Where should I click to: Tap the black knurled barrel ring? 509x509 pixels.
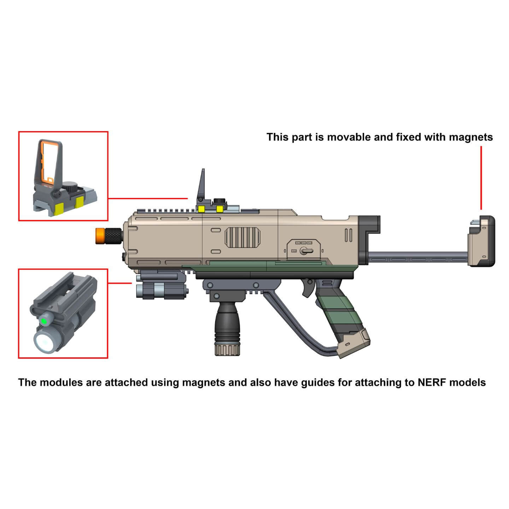point(113,235)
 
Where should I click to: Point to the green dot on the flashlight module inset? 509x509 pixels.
point(44,321)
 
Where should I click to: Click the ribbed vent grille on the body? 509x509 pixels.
point(242,237)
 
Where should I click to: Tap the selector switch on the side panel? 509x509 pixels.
point(306,251)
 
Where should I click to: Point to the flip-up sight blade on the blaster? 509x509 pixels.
point(201,184)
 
